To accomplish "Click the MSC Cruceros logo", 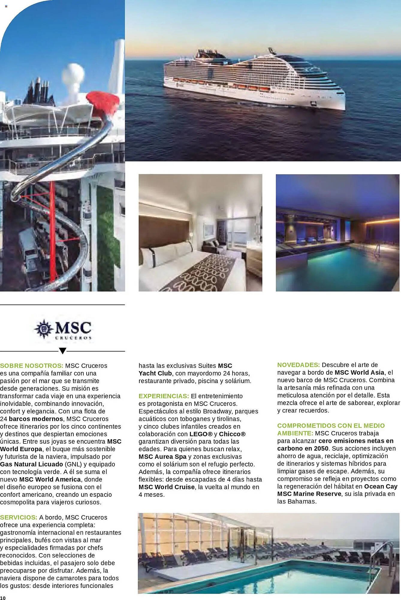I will pos(63,329).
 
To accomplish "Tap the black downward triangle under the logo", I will pos(62,351).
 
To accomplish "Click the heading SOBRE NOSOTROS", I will pos(31,366).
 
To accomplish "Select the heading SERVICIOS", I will pos(19,517).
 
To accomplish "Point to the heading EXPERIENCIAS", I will pos(164,396).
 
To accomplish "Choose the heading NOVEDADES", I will pos(299,365).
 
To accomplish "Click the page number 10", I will pos(3,598).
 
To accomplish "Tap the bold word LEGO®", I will pos(201,434).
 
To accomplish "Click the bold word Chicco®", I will pos(232,434).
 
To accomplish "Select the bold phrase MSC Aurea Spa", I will pos(162,457).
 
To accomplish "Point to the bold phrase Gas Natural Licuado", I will pos(31,464).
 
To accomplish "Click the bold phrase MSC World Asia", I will pos(359,372).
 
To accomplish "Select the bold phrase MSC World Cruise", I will pos(167,487).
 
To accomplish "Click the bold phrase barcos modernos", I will pos(36,419).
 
